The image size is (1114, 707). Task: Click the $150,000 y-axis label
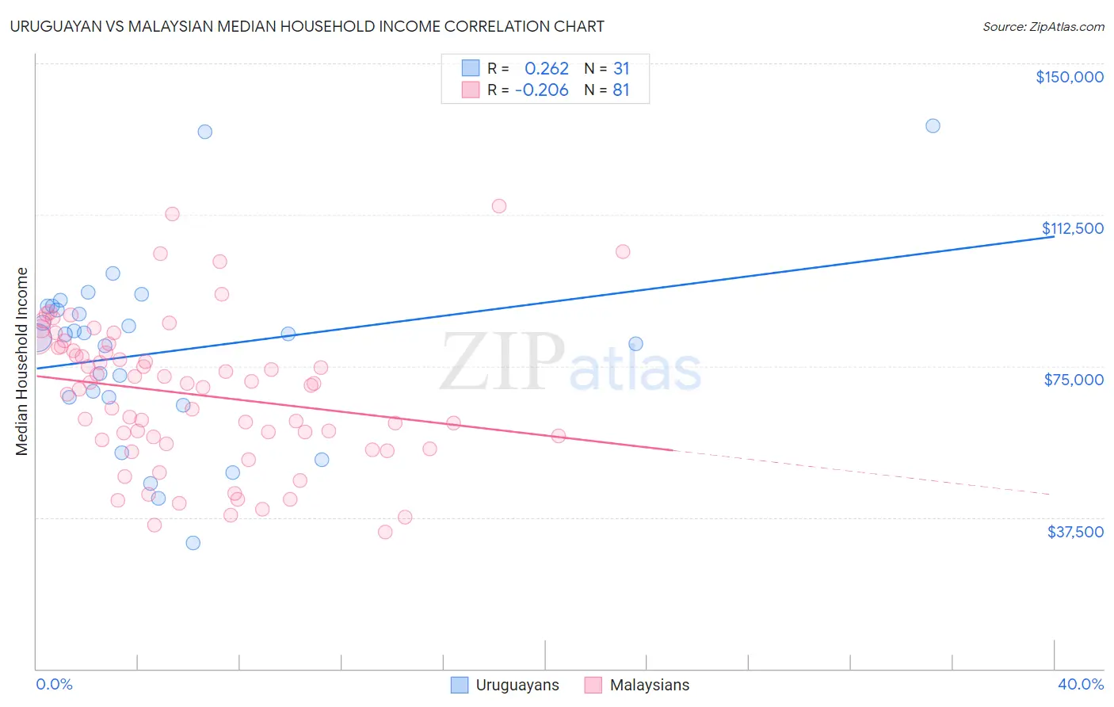(1069, 77)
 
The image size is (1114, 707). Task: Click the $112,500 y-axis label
(1072, 228)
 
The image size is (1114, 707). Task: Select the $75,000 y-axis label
(1074, 380)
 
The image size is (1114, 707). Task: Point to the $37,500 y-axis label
(1075, 532)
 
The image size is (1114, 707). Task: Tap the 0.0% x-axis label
(54, 685)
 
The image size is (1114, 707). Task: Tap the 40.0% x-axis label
(1080, 685)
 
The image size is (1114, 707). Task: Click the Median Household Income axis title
(22, 361)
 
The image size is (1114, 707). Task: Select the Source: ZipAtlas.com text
(1043, 27)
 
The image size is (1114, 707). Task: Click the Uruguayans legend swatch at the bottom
(460, 685)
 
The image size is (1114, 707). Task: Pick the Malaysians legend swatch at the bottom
(593, 685)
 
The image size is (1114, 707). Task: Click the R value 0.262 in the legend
(547, 69)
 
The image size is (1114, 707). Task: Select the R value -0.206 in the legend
(542, 90)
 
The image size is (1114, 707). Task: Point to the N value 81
(621, 90)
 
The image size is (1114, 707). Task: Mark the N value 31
(621, 69)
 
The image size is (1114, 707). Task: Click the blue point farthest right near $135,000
(933, 126)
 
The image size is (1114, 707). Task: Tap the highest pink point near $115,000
(499, 206)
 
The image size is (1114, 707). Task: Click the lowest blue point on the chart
(193, 543)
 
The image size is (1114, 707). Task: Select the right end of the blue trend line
(1053, 236)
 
